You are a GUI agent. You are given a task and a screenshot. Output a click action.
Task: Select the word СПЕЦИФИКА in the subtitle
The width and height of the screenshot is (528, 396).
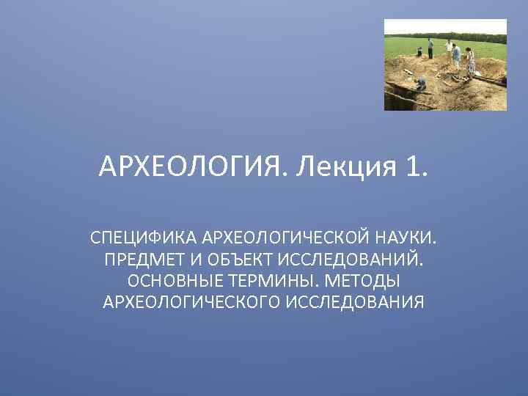(x=144, y=239)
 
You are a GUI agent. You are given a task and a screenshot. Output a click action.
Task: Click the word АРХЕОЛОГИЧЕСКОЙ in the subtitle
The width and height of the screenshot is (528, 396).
(x=284, y=239)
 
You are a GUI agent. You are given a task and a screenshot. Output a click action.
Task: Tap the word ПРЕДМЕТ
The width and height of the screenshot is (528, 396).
(x=144, y=260)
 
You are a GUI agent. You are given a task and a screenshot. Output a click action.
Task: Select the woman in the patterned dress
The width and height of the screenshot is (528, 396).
(x=470, y=62)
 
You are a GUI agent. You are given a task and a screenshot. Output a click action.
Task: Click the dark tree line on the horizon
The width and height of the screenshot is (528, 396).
(x=447, y=37)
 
